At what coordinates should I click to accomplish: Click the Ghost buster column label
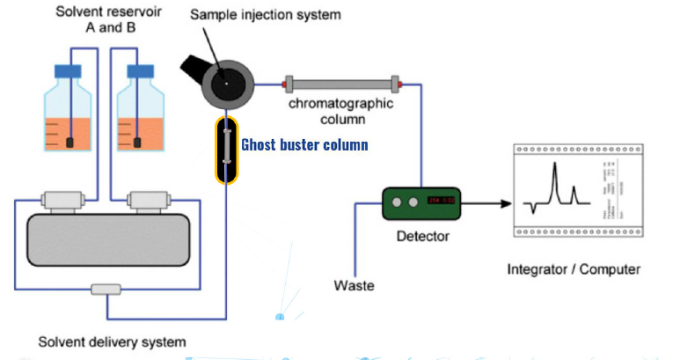[304, 144]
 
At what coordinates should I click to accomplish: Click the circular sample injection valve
[227, 83]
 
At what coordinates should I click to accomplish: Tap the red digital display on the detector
[440, 202]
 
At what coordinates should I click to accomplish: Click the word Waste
[354, 285]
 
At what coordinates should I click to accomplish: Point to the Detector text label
[422, 236]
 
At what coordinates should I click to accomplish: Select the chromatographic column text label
[342, 109]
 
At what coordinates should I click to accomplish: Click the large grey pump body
[107, 239]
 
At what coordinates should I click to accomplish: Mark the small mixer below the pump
[107, 290]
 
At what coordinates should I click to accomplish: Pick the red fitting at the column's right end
[398, 84]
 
